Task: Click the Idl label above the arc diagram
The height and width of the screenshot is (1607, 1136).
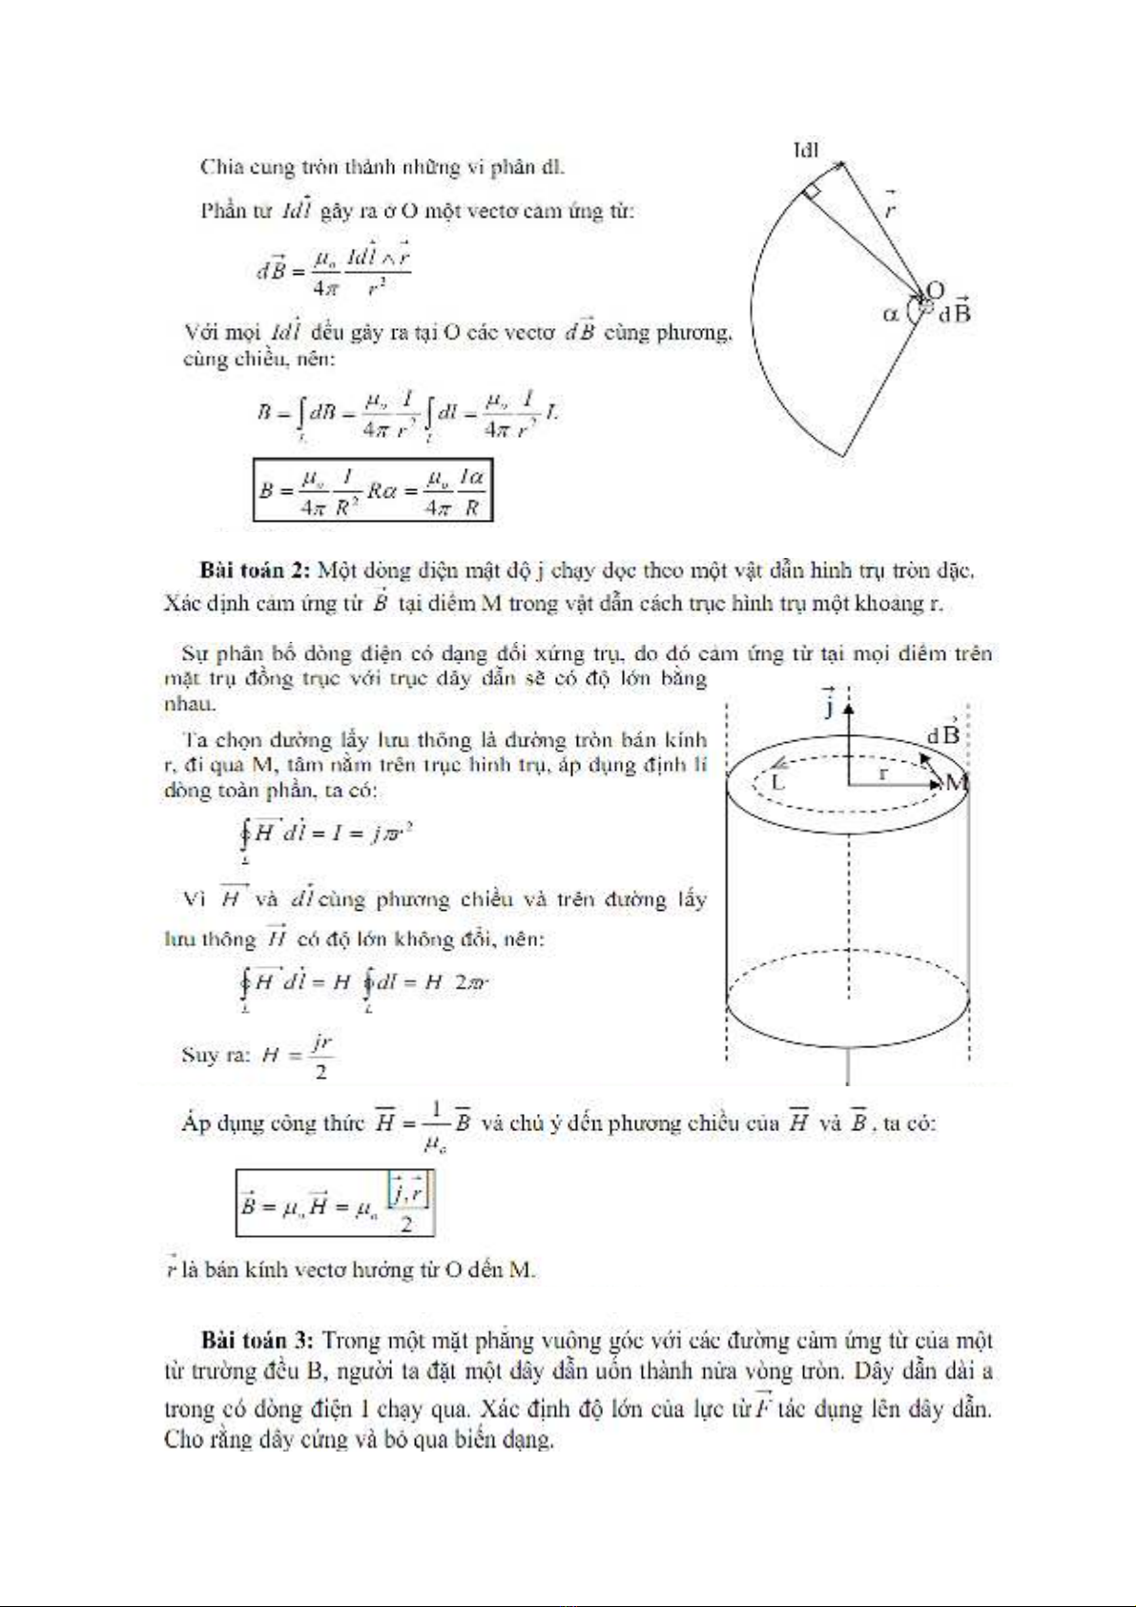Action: pos(806,150)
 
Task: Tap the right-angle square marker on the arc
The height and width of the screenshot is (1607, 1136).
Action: pos(812,192)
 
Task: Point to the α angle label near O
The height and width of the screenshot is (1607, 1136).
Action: pos(891,313)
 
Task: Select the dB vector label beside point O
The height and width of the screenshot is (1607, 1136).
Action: pos(955,311)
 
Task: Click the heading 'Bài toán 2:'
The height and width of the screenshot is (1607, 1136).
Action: pos(256,570)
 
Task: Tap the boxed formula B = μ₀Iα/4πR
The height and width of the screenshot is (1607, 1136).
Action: pos(373,491)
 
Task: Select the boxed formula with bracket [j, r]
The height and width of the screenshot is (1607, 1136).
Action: pos(335,1203)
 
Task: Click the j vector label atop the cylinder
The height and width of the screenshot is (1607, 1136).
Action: pos(829,703)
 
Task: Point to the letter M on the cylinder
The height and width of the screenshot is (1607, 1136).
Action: pos(956,783)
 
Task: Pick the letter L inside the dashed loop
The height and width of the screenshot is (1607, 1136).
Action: pos(777,783)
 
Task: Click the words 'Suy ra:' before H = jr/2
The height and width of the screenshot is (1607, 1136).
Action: pos(216,1055)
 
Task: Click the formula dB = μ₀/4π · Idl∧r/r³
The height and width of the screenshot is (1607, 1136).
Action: pos(334,269)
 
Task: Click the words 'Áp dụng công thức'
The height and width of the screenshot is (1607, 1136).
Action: pos(273,1123)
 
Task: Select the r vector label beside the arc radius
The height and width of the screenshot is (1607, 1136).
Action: pos(889,205)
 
